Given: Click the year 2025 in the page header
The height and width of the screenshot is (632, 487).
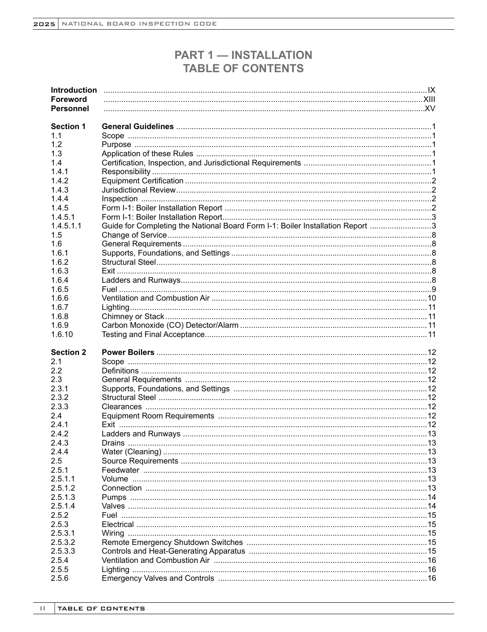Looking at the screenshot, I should (45, 24).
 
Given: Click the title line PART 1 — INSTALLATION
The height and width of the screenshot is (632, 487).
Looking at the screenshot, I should (243, 55).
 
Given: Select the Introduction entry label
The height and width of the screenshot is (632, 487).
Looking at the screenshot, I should (73, 90).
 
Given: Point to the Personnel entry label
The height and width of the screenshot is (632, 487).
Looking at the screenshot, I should (70, 109).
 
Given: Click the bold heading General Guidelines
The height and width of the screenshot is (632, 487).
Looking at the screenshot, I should (137, 127).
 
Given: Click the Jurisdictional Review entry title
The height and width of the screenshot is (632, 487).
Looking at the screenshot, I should (138, 190).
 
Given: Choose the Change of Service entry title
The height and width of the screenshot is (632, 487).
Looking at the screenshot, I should (134, 235).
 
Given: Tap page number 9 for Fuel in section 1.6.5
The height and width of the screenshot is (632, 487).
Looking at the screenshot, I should (433, 289).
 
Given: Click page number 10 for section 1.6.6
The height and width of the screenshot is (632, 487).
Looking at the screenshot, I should (431, 298).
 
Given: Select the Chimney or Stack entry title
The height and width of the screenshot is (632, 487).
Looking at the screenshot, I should (133, 317).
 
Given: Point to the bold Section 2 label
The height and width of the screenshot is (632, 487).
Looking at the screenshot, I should (68, 352).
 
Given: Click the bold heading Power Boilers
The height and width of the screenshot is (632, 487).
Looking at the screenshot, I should (128, 352).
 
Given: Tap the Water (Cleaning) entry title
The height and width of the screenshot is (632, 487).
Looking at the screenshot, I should (131, 452).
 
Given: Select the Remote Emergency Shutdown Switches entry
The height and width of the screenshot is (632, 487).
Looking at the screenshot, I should (172, 542).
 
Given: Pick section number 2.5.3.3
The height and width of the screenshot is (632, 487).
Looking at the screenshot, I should (63, 551).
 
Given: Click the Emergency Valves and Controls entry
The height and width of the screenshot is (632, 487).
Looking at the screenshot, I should (158, 578).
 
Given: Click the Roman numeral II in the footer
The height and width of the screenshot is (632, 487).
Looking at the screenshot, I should (44, 608).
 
